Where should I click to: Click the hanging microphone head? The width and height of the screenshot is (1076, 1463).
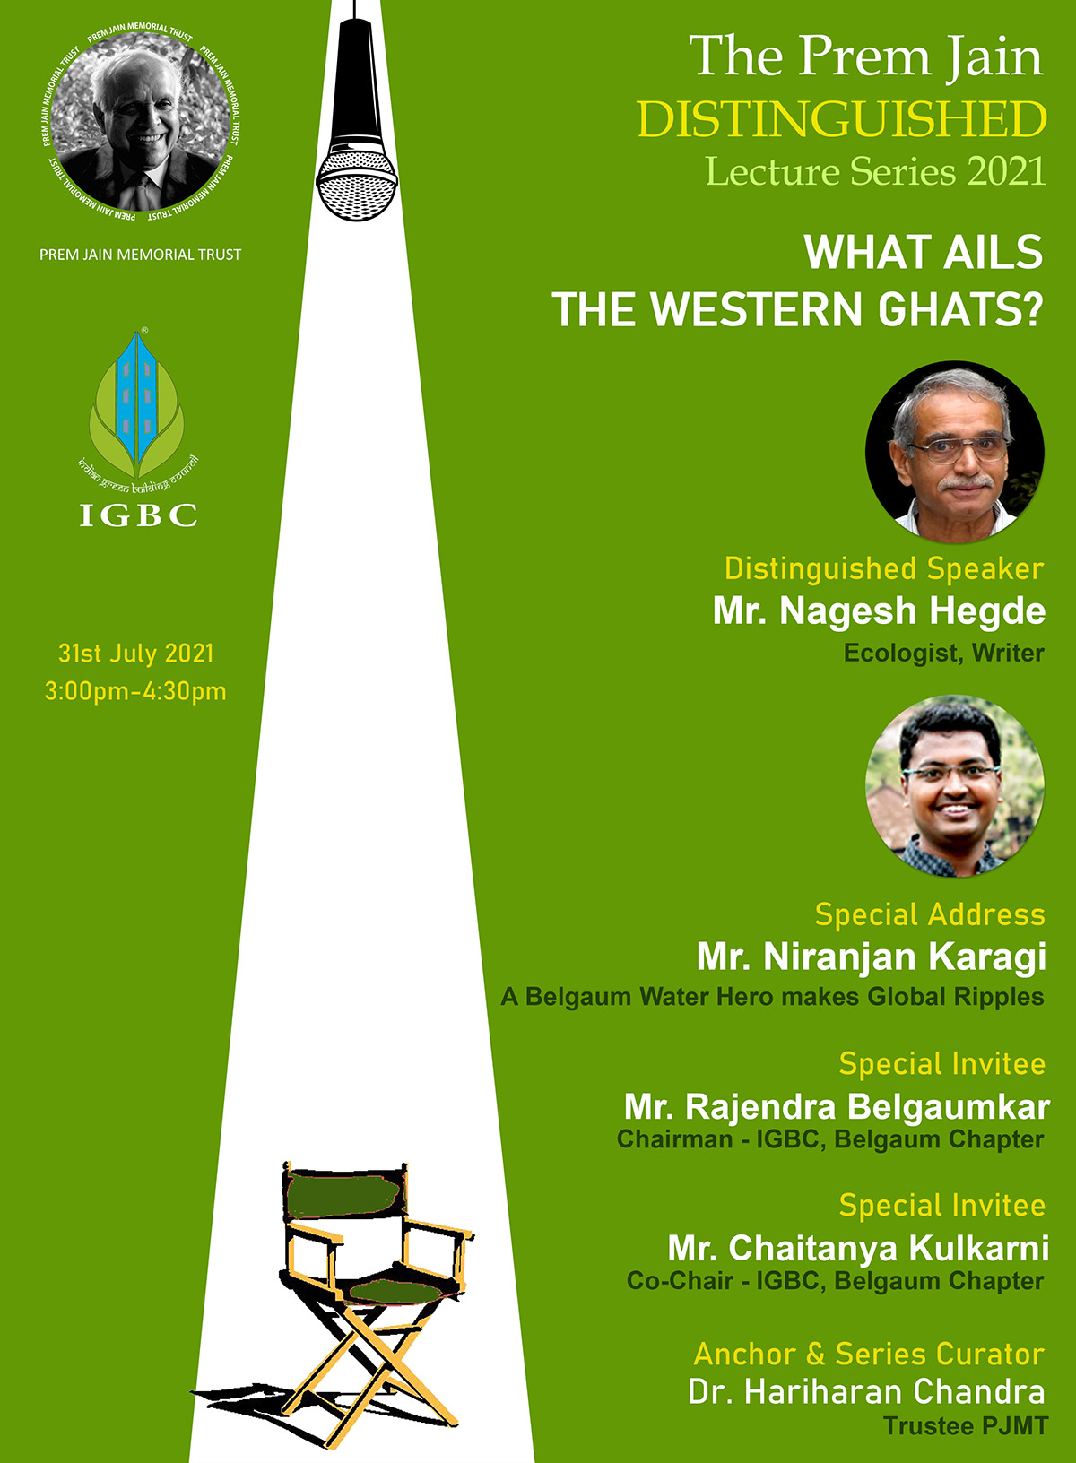point(357,184)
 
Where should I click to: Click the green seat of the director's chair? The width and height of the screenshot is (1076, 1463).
point(397,1291)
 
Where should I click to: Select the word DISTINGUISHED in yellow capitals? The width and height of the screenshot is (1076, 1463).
point(841,119)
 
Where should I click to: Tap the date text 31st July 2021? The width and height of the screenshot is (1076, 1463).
point(136,654)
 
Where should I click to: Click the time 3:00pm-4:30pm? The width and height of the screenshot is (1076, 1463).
point(136,691)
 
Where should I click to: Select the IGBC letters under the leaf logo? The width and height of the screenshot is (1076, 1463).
point(138,515)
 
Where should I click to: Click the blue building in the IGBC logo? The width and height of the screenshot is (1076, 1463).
point(137,397)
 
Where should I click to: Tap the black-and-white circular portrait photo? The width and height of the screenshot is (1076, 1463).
point(140,121)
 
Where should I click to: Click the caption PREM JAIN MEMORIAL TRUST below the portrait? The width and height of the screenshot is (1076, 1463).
point(141,255)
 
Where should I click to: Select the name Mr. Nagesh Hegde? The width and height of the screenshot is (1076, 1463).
point(879,611)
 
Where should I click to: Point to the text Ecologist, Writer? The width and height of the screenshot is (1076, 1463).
point(944,654)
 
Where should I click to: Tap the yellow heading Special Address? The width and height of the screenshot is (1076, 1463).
point(930,914)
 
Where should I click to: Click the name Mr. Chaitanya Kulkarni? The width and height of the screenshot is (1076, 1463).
point(858,1249)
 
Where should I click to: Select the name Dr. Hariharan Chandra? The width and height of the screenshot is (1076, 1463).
point(866,1392)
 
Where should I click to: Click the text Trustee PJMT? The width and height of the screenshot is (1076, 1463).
point(966,1425)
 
